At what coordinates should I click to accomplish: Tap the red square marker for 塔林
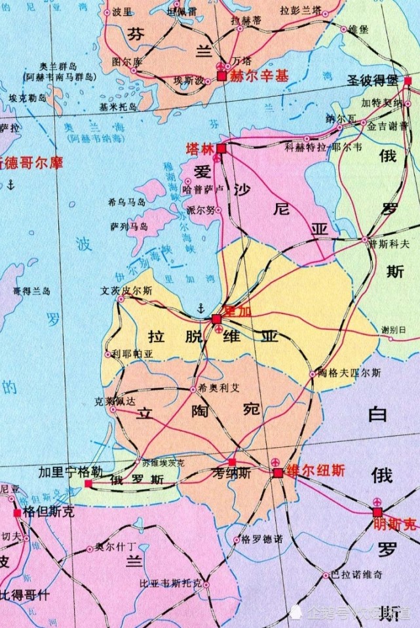tap(221, 149)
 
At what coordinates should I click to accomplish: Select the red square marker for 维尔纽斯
tap(278, 473)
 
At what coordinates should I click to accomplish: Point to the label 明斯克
tap(394, 524)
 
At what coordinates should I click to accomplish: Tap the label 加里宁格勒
tap(70, 472)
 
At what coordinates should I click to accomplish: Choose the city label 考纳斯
tap(232, 474)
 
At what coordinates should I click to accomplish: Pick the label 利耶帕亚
tap(132, 353)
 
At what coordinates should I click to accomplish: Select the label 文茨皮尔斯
tap(126, 290)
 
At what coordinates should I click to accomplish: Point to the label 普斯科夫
tap(389, 243)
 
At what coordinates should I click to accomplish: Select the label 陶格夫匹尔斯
tap(349, 372)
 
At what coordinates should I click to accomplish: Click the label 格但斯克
tap(48, 512)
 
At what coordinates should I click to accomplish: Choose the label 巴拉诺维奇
tap(356, 575)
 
